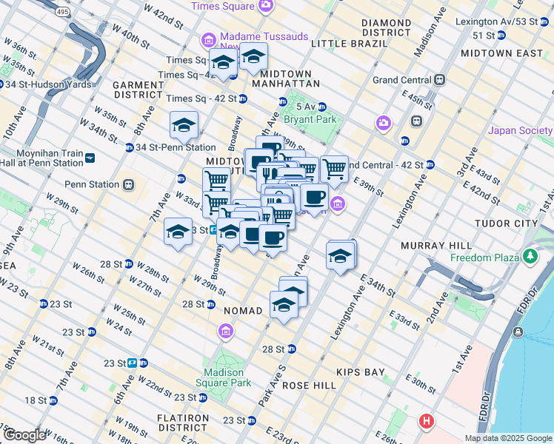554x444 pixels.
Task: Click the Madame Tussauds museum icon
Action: [209, 39]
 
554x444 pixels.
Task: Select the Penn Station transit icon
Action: [129, 184]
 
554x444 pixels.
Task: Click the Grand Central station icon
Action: [440, 79]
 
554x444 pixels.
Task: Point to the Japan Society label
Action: [520, 131]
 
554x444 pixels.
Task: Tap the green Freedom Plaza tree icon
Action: [530, 256]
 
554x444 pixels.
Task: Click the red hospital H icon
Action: [427, 422]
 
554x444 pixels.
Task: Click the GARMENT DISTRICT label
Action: [138, 90]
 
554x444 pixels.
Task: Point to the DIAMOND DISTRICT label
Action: [386, 28]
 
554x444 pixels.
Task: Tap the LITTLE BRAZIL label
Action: [350, 44]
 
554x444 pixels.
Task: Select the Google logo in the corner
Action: [24, 434]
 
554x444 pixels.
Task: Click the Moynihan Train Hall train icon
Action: [90, 158]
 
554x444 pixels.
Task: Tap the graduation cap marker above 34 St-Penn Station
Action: [184, 126]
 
